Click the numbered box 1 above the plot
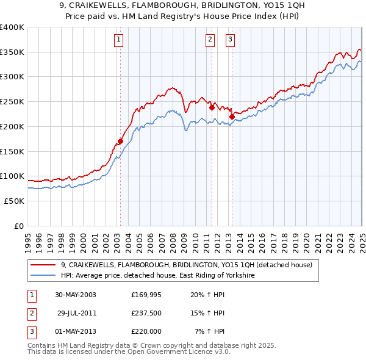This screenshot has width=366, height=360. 118,40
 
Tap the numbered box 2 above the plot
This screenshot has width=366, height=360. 210,40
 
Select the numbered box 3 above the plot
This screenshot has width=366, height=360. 230,40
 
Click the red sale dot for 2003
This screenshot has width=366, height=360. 121,142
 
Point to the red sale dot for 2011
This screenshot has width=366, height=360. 212,107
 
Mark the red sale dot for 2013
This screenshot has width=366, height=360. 232,116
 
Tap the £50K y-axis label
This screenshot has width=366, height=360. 14,201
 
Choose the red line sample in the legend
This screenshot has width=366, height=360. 43,265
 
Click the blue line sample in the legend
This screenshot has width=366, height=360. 43,276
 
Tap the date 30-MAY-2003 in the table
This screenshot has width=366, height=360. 75,295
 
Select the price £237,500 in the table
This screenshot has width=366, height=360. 146,313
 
